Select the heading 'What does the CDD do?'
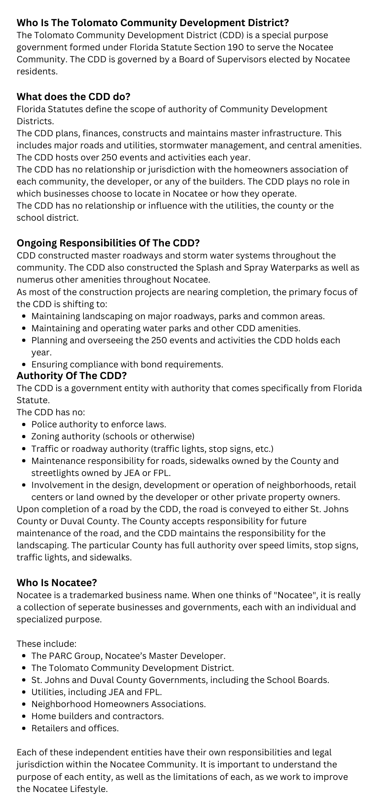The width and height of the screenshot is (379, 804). click(x=73, y=96)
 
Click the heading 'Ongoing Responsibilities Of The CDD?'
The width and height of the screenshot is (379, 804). click(x=108, y=243)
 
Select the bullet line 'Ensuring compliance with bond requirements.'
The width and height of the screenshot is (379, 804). click(x=127, y=364)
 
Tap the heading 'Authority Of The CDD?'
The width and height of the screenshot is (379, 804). click(x=71, y=375)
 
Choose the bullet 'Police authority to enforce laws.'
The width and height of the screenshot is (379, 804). click(x=99, y=424)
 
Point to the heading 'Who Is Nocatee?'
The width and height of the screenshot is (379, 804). click(x=57, y=582)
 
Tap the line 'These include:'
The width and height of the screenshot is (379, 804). click(x=46, y=643)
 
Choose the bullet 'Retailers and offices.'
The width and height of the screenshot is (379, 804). click(x=75, y=728)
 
